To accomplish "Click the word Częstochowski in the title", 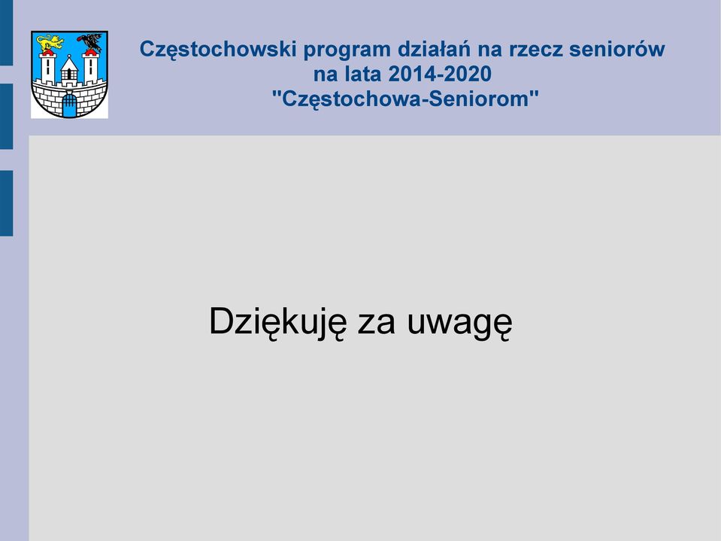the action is pos(218,50).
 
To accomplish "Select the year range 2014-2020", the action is pos(440,74).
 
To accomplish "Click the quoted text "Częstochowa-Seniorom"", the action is pos(405,99).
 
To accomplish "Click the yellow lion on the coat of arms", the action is pos(50,43).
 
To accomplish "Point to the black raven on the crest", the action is pos(90,42).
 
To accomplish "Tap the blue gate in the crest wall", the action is pos(69,105).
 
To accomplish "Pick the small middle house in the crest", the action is pos(69,71).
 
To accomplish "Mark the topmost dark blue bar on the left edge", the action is pos(7,32).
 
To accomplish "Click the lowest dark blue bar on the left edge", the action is pos(7,203).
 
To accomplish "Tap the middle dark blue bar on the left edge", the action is pos(7,117).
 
